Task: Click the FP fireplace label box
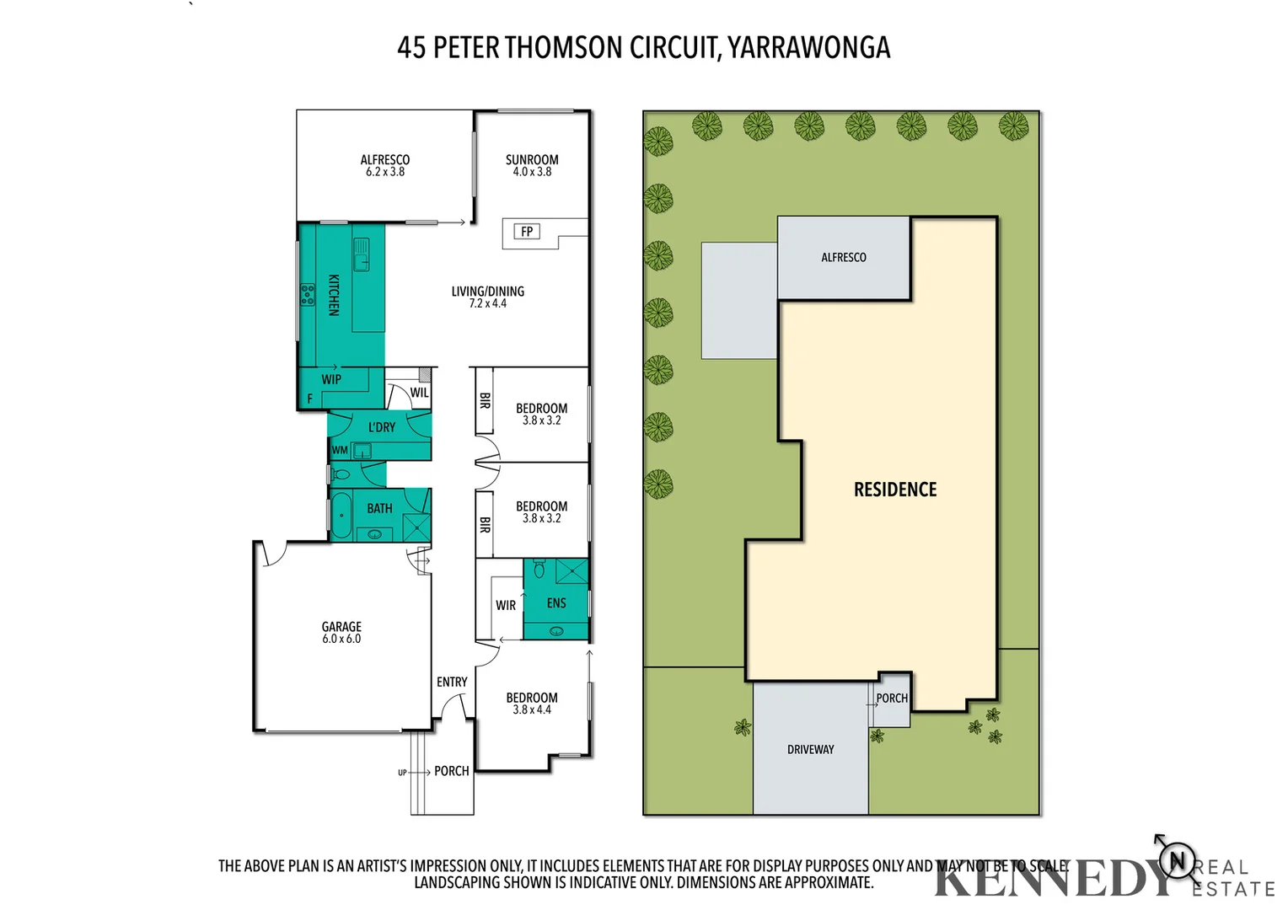(527, 232)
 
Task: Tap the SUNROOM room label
(532, 159)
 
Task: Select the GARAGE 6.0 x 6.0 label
(341, 632)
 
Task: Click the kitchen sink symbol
(362, 254)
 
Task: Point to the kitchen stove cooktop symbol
(308, 295)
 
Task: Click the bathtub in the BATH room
(341, 515)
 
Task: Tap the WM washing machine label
(340, 450)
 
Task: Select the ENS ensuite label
(556, 603)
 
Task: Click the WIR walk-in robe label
(506, 605)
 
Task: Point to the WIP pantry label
(331, 379)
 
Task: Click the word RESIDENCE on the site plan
(895, 490)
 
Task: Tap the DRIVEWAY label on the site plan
(810, 749)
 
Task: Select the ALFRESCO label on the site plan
(844, 257)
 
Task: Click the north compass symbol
(1177, 860)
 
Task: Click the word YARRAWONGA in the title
(808, 48)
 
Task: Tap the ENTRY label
(452, 682)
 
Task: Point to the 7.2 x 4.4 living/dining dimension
(488, 303)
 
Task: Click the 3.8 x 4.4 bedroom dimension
(532, 709)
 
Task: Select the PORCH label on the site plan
(892, 698)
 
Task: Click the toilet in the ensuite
(539, 570)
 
